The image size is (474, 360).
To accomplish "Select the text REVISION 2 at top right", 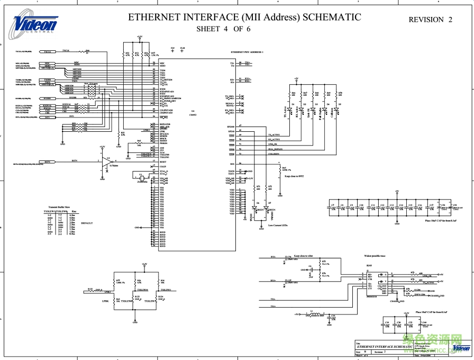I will pyautogui.click(x=431, y=20).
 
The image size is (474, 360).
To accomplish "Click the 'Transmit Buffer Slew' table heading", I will pyautogui.click(x=59, y=206).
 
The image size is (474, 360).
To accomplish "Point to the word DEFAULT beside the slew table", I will pyautogui.click(x=87, y=223).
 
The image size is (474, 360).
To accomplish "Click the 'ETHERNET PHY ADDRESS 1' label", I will pyautogui.click(x=247, y=52).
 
